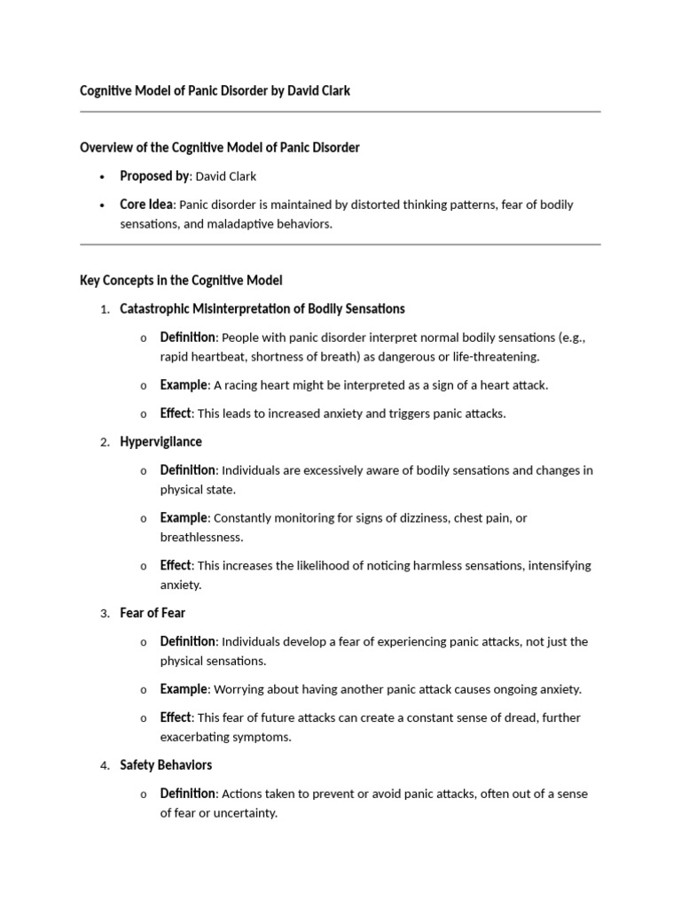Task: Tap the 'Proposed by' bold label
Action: pyautogui.click(x=154, y=175)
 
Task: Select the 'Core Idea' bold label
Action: pyautogui.click(x=146, y=204)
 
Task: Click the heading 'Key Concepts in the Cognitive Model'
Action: pyautogui.click(x=181, y=280)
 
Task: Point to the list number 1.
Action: pyautogui.click(x=104, y=309)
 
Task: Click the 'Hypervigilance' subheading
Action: pyautogui.click(x=160, y=441)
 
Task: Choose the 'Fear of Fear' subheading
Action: pyautogui.click(x=153, y=612)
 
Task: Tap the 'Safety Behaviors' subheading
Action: pyautogui.click(x=166, y=764)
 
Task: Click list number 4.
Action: pyautogui.click(x=104, y=765)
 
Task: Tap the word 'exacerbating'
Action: pyautogui.click(x=197, y=737)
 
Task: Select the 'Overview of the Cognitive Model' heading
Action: pyautogui.click(x=219, y=147)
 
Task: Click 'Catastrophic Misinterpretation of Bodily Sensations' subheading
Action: pyautogui.click(x=262, y=308)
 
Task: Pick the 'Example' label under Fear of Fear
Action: pyautogui.click(x=184, y=688)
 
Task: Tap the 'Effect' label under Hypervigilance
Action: pyautogui.click(x=176, y=564)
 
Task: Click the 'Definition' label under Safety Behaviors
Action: pyautogui.click(x=187, y=793)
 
